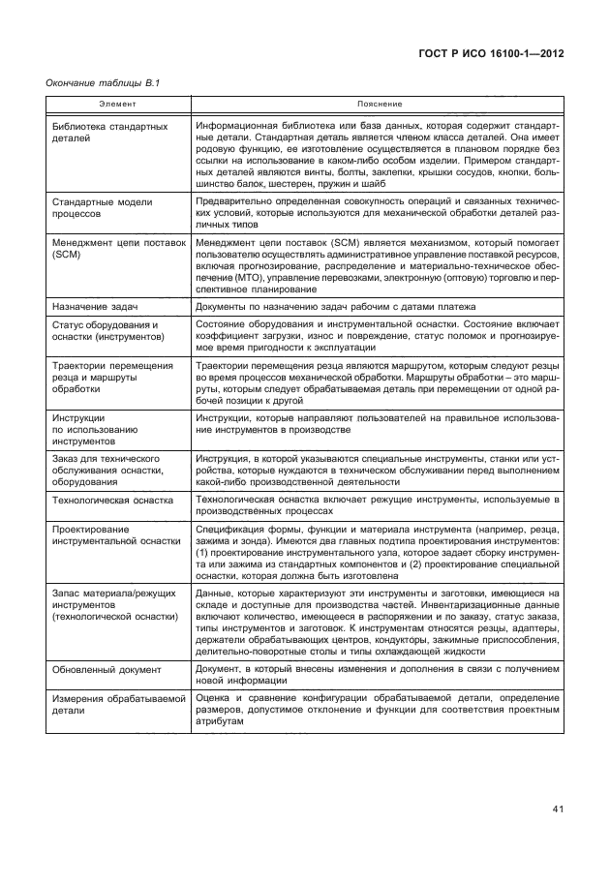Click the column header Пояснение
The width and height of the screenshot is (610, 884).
tap(379, 103)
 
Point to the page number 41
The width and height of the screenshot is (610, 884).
tap(558, 809)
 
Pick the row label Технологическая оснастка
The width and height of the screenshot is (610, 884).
tap(112, 501)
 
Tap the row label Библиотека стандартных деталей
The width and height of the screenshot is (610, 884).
tap(109, 133)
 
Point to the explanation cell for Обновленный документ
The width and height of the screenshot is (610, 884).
tap(378, 675)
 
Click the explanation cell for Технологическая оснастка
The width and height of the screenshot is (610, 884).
tap(378, 506)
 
